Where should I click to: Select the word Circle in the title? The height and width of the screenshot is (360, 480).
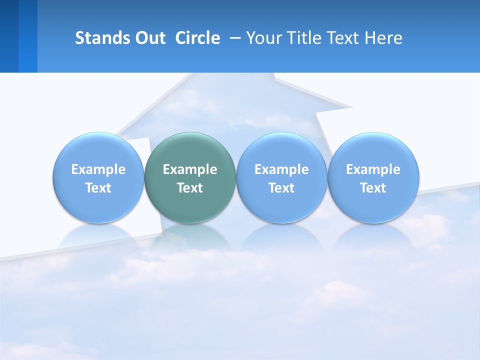(197, 38)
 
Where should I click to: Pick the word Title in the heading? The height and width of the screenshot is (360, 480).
(303, 38)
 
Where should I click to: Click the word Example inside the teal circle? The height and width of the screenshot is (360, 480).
(190, 169)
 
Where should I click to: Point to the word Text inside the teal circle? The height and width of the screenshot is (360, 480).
(190, 188)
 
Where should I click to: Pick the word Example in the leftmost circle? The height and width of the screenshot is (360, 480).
(98, 169)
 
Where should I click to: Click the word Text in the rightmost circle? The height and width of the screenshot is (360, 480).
(373, 188)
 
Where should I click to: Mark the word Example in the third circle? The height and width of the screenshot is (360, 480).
(281, 169)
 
